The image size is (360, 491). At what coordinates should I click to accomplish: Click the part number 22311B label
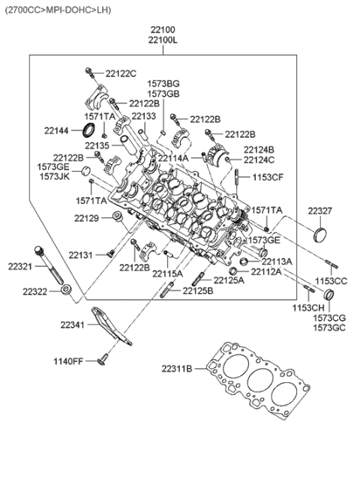(x=177, y=368)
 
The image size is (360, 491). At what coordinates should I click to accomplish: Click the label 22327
(x=320, y=212)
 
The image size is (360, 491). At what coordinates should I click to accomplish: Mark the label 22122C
(x=121, y=73)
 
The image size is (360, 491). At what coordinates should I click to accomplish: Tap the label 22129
(x=87, y=218)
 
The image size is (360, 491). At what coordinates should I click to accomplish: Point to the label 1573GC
(x=330, y=328)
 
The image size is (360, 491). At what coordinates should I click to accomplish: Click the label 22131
(x=87, y=256)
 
